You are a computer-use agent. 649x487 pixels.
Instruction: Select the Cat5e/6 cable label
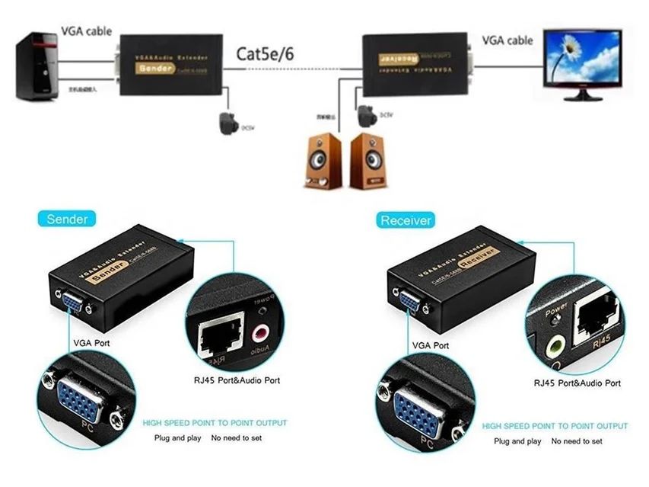(x=265, y=54)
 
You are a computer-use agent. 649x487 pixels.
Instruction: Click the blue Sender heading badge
(x=67, y=219)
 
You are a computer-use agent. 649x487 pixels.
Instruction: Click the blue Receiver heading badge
(x=406, y=220)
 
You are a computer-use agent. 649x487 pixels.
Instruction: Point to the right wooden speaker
(x=367, y=161)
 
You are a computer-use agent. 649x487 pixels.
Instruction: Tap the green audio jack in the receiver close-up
(x=555, y=348)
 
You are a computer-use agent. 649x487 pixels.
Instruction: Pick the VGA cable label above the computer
(x=86, y=31)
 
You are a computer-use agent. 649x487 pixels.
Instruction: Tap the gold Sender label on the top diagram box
(x=155, y=68)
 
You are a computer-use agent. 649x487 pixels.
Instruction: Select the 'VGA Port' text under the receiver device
(x=431, y=345)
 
